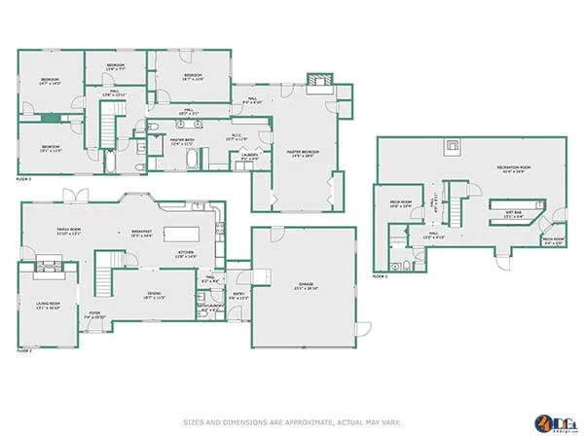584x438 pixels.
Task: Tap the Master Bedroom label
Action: (x=302, y=153)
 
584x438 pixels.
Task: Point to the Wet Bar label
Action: (x=512, y=214)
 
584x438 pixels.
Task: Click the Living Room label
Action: (x=48, y=305)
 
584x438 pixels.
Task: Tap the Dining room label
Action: (x=154, y=295)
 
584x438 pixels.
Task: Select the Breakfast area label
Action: (x=142, y=233)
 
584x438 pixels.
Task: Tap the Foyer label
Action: (x=95, y=314)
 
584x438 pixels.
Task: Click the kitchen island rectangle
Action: (x=182, y=234)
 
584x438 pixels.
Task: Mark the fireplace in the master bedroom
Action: (x=318, y=82)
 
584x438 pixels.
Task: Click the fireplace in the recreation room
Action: (x=452, y=148)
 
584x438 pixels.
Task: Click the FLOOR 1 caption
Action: (x=380, y=276)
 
